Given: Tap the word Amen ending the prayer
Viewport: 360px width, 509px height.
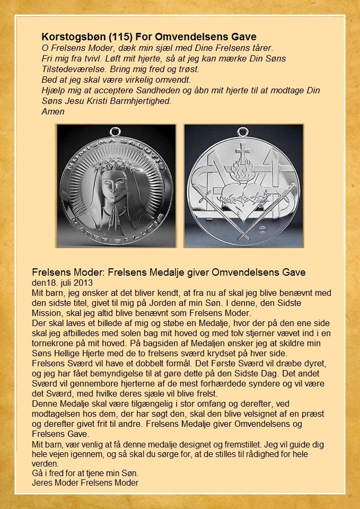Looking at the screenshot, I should pyautogui.click(x=52, y=111).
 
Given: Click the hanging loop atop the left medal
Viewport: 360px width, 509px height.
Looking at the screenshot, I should pyautogui.click(x=115, y=131).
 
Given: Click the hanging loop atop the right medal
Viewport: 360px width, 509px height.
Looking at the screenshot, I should pyautogui.click(x=244, y=131).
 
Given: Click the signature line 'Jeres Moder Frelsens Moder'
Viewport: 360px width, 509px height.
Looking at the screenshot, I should pyautogui.click(x=85, y=482).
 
